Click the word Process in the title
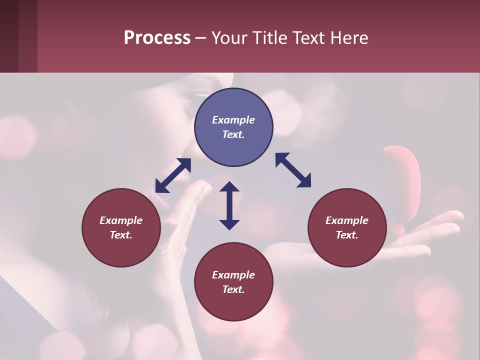coord(157,38)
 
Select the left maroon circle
coord(121,227)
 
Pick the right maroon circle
coord(347,227)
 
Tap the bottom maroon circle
coord(233,282)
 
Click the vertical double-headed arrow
coord(229,205)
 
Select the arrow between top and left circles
coord(173,175)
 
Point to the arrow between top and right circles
coord(293,170)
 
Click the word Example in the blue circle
coord(233,120)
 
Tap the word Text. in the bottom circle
coord(233,289)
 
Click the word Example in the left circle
coord(121,220)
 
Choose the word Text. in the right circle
coord(347,235)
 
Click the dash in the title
coord(200,38)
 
